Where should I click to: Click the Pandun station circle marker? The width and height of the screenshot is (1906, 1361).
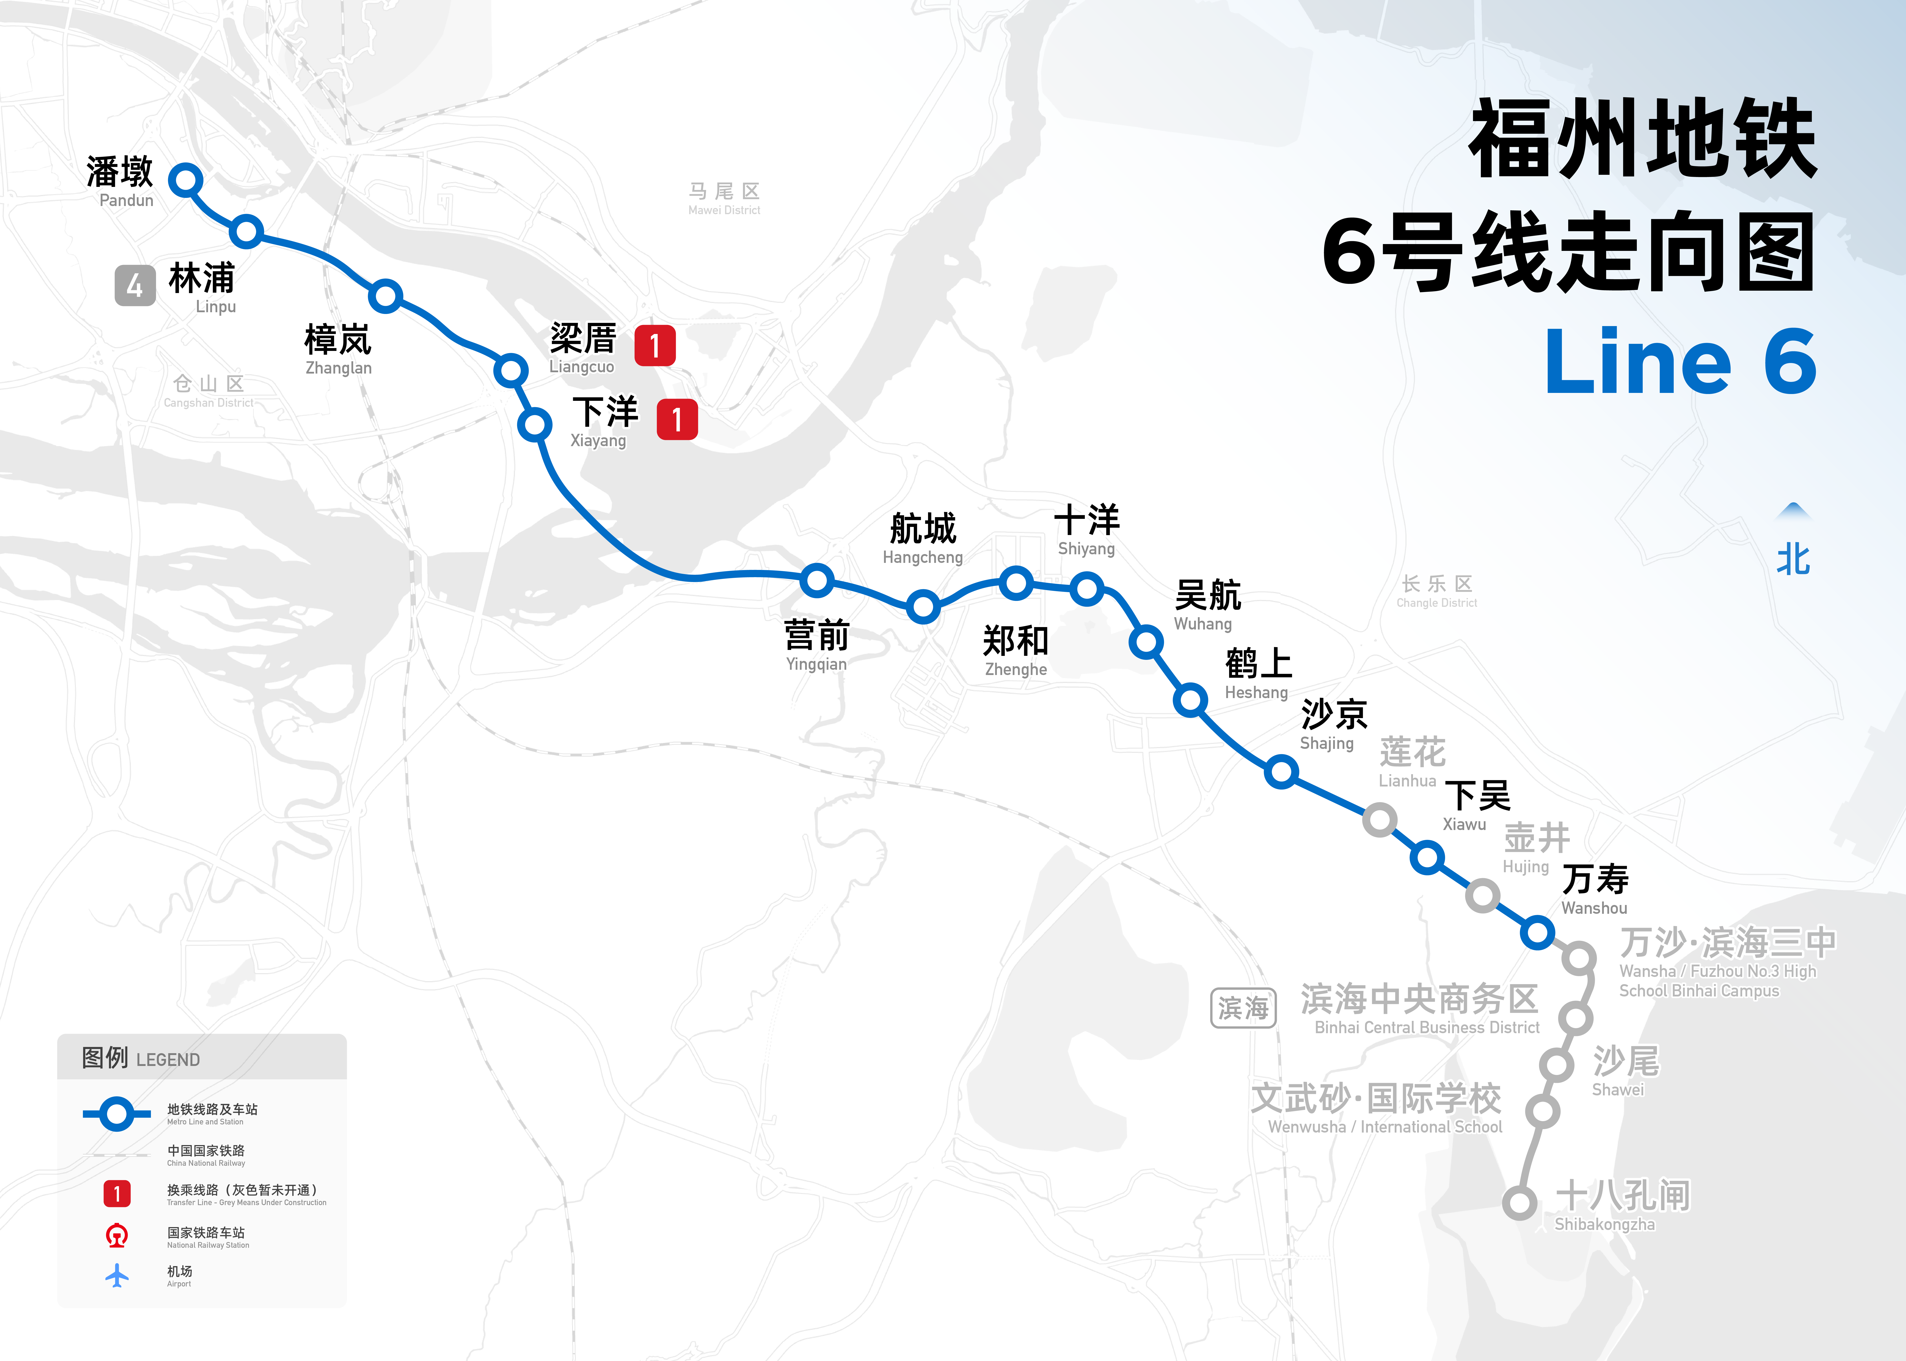(185, 179)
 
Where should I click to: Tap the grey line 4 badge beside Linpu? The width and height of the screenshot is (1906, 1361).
(135, 286)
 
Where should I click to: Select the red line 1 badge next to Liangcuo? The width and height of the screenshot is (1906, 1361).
(655, 345)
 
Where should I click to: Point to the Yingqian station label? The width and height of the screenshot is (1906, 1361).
(816, 645)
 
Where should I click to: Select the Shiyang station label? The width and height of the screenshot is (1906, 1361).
(1086, 530)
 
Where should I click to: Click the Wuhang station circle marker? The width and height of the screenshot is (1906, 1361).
(1146, 643)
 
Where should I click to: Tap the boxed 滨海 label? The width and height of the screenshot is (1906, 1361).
(1243, 1008)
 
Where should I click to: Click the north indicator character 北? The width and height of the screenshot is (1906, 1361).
(1793, 559)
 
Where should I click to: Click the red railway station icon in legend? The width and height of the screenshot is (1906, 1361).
(117, 1235)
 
